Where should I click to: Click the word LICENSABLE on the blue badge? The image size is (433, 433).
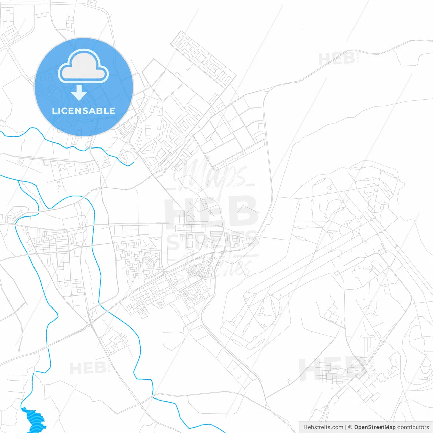pos(84,111)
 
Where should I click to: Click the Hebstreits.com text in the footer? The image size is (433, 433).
pos(323,427)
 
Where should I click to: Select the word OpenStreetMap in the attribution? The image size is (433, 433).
pos(375,427)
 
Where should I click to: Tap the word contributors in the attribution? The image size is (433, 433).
pos(413,427)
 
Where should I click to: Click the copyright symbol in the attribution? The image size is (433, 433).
pos(350,427)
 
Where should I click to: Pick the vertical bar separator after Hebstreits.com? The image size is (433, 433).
pos(346,427)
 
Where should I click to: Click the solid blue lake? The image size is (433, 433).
pos(34,419)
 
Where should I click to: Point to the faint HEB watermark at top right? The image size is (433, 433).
pos(337,59)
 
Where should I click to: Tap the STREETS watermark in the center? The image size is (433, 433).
pos(211,241)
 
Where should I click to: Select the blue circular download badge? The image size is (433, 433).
pos(84,87)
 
